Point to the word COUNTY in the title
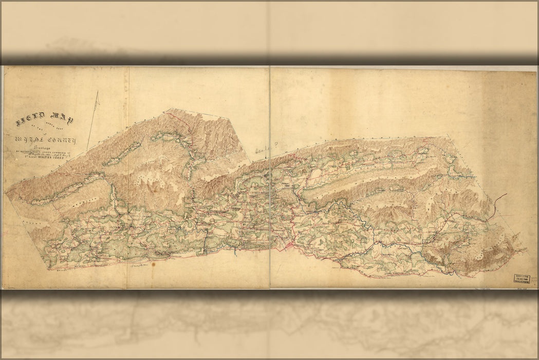(x=62, y=140)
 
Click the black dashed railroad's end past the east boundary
(x=506, y=194)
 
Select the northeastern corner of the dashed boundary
(x=446, y=136)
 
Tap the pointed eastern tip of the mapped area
(x=525, y=250)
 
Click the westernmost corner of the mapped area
(x=6, y=192)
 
